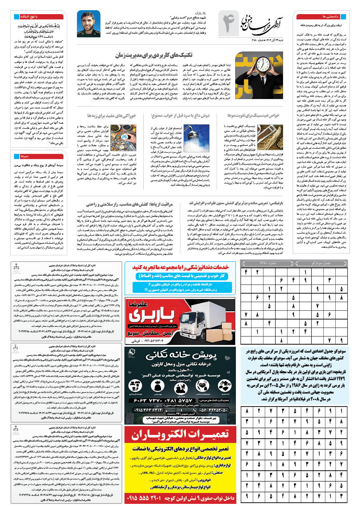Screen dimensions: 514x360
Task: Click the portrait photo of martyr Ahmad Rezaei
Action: point(89,24)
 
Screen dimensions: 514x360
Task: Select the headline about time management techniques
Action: point(154,55)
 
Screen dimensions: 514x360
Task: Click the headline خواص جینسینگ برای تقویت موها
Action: point(253,115)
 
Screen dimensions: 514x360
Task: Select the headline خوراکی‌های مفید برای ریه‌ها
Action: point(111,115)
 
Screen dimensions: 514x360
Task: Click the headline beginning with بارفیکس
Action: point(236,203)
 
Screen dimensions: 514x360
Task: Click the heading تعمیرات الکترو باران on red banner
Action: point(180,434)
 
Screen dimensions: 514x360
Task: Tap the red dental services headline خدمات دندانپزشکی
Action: point(180,267)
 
